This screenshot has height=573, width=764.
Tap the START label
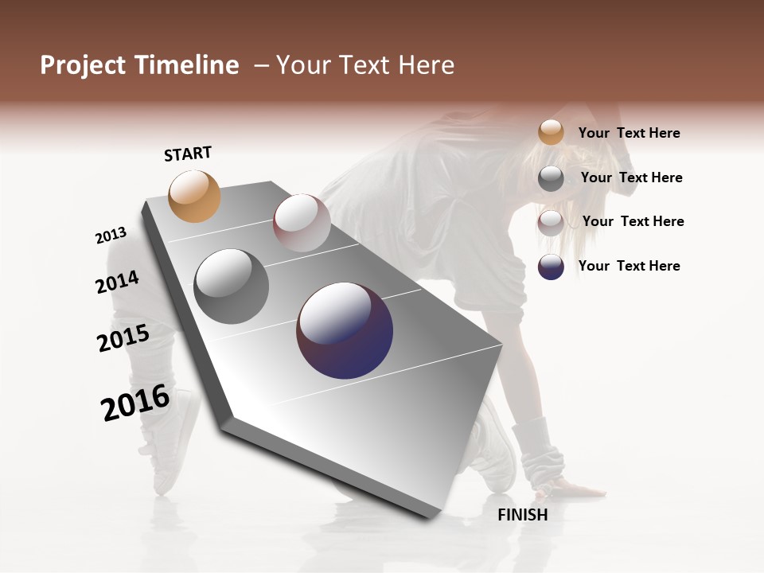(188, 154)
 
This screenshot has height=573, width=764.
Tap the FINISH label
(523, 515)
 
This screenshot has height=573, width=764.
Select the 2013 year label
(111, 236)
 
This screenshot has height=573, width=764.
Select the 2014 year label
(117, 282)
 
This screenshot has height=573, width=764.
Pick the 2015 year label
(123, 338)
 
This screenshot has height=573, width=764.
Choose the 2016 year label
(135, 402)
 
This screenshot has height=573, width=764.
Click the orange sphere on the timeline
(195, 196)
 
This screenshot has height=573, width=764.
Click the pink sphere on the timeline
(302, 223)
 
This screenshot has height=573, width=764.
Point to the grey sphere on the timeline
(232, 286)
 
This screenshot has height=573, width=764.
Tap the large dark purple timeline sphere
(345, 330)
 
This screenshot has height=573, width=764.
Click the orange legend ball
(551, 132)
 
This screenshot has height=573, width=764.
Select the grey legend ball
(551, 178)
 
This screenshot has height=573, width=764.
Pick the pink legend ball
(551, 223)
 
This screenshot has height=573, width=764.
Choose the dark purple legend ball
(551, 267)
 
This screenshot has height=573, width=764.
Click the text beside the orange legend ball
(629, 133)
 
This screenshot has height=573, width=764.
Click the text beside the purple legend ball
(629, 266)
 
